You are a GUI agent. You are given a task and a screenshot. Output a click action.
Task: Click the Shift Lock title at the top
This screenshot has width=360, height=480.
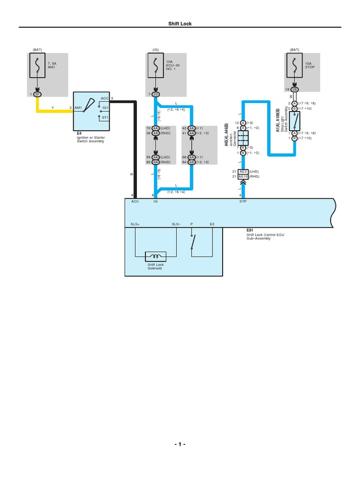click(x=180, y=24)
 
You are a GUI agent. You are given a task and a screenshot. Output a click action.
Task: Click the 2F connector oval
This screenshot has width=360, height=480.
click(x=38, y=94)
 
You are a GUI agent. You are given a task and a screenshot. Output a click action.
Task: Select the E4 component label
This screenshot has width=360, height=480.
click(x=79, y=133)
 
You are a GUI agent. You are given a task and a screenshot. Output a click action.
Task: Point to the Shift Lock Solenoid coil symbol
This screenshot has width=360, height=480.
click(x=155, y=256)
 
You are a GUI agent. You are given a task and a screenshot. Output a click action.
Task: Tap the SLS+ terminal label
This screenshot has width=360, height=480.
click(x=135, y=225)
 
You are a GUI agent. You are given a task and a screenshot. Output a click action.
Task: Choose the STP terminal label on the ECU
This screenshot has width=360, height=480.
click(x=243, y=201)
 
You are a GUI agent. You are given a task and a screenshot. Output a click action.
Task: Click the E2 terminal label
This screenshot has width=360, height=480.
click(x=212, y=225)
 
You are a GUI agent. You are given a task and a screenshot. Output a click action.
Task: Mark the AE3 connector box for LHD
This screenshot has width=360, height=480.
click(x=243, y=172)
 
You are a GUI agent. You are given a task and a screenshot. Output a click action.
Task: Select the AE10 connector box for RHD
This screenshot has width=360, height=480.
click(x=243, y=177)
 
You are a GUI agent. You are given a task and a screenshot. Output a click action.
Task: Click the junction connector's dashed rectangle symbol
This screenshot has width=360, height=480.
click(x=243, y=138)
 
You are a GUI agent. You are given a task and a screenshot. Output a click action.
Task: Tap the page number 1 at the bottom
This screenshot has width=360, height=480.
click(x=180, y=444)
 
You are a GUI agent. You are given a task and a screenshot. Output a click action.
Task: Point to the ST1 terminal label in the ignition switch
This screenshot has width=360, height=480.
click(x=105, y=118)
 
